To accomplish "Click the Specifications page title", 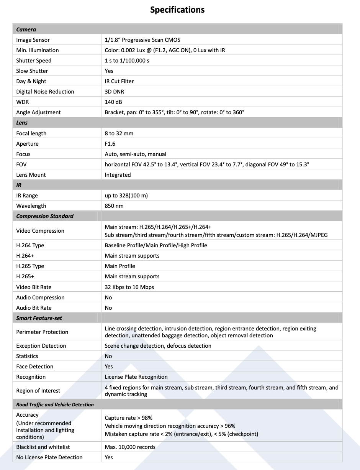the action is (177, 10).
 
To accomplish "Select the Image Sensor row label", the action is (33, 40).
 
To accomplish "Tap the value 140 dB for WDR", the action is (113, 102).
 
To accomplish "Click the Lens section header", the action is (22, 123).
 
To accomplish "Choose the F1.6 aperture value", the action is (110, 144).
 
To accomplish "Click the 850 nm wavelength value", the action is (114, 206).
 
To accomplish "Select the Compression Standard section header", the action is (45, 216).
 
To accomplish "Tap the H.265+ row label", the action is (25, 276).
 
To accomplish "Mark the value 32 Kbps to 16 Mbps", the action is (129, 287).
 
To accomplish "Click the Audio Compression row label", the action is (40, 297).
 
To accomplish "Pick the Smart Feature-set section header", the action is (39, 318).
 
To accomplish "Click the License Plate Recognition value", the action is (136, 377).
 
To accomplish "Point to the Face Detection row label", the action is (35, 366).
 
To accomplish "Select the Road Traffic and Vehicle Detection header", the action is (55, 404).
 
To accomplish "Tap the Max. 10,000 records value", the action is (130, 447).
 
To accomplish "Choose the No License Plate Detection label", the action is (49, 457).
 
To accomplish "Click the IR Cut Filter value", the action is (119, 81).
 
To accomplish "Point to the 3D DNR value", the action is (115, 92).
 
